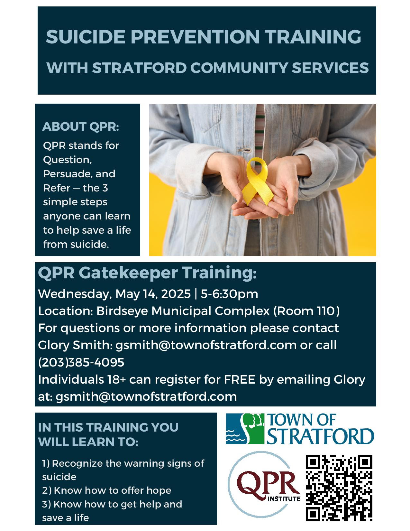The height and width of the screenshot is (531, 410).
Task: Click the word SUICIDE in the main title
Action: coord(86,37)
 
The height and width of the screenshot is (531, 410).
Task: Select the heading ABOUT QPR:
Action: coord(81,126)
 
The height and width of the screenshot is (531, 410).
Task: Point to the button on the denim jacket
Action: coord(245,150)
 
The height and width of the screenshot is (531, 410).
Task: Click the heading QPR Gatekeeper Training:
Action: coord(147,273)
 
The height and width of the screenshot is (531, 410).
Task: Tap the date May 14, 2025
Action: coord(153,294)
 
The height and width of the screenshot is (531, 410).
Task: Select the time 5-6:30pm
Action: coord(229,294)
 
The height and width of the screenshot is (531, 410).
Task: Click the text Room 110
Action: coord(306,311)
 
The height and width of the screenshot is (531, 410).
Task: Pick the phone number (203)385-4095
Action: coord(81,362)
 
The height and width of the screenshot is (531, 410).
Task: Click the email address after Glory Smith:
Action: coord(206,345)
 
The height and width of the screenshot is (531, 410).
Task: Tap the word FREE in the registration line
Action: coord(240,379)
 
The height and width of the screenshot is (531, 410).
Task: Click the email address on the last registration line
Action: coord(146,396)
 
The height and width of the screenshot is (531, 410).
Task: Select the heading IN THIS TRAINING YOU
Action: coord(108,427)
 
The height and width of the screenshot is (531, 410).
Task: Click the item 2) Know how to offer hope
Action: coord(106,490)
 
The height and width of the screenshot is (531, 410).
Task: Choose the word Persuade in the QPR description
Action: coord(66,174)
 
